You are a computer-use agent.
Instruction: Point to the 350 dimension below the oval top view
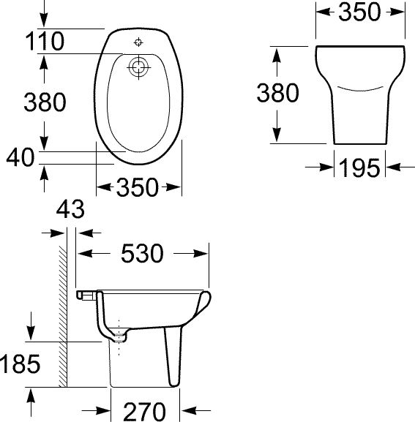(x=138, y=187)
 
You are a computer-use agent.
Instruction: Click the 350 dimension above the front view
(x=360, y=12)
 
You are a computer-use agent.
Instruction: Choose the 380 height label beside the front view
(x=277, y=93)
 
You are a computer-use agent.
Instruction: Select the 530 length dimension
(x=141, y=253)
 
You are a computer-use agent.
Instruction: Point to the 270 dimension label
(x=145, y=410)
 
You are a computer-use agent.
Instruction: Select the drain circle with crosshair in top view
(x=138, y=68)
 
